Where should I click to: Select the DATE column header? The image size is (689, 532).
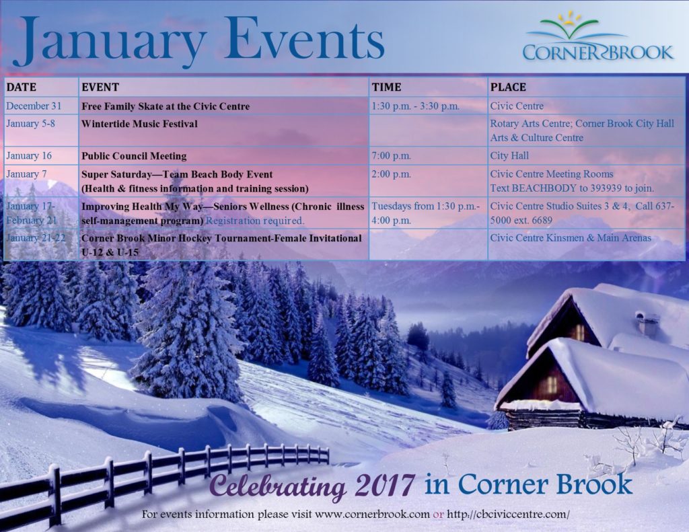(22, 87)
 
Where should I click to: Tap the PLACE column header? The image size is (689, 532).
(508, 87)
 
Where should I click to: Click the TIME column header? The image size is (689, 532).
(386, 87)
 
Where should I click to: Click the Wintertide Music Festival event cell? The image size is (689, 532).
(139, 124)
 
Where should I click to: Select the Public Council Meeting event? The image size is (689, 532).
(134, 156)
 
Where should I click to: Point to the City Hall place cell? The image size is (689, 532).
(509, 155)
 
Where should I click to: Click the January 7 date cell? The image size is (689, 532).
(26, 174)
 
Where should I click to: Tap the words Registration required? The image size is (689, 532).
(255, 221)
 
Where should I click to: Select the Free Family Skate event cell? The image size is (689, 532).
(166, 106)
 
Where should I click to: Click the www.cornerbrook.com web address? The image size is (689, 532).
(372, 514)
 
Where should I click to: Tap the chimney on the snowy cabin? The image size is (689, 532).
(647, 324)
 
